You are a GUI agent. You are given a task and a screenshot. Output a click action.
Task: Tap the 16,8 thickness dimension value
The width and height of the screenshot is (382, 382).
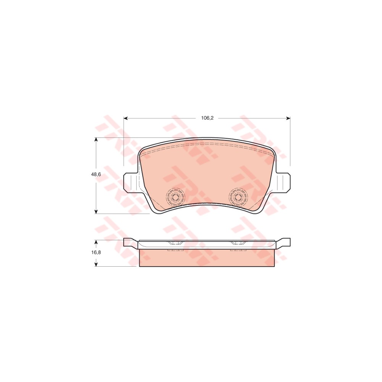click(96, 253)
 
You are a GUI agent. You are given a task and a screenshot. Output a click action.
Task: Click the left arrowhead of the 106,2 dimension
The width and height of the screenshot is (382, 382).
click(126, 118)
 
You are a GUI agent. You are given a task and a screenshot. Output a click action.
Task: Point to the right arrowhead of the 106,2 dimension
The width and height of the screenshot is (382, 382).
click(288, 118)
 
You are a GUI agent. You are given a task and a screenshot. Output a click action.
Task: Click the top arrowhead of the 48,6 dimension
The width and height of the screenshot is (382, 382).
click(96, 139)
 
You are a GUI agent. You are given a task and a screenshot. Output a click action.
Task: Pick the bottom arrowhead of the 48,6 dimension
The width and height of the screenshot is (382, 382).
click(96, 212)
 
